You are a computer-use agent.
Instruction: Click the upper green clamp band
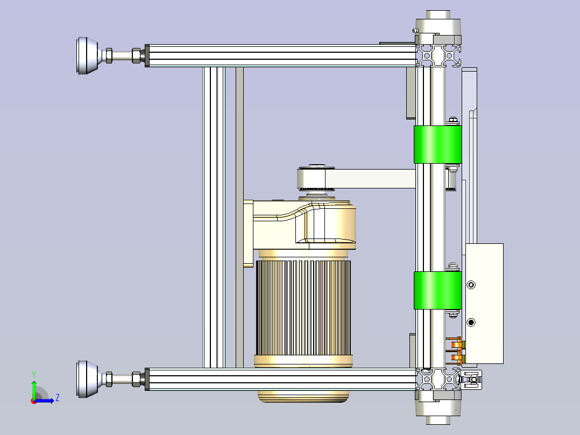[x=437, y=144]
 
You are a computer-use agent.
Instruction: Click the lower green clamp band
[x=437, y=290]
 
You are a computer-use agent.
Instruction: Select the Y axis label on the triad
[x=34, y=375]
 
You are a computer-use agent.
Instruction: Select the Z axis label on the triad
[x=58, y=398]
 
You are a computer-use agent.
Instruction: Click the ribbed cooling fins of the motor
[x=303, y=307]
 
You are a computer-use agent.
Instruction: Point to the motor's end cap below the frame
[x=303, y=396]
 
